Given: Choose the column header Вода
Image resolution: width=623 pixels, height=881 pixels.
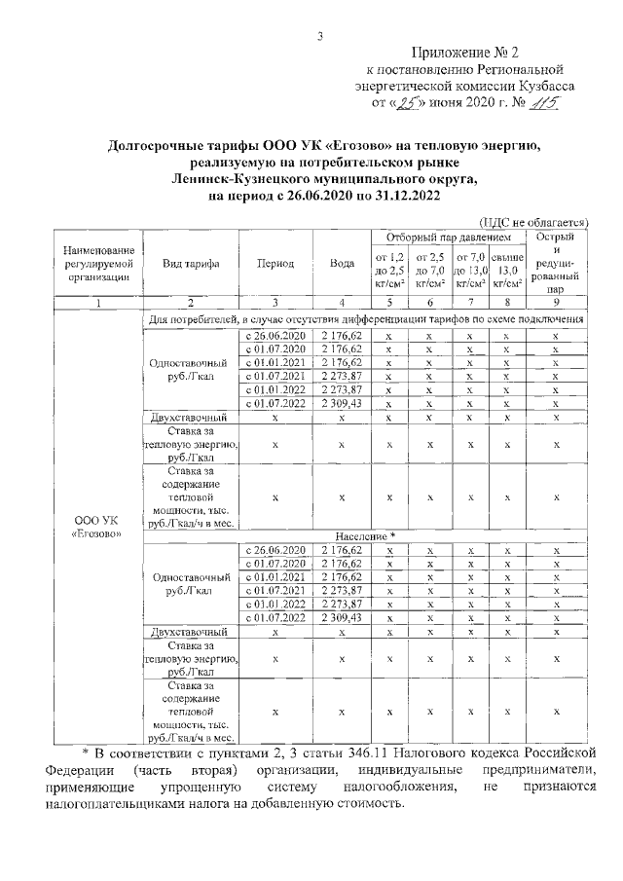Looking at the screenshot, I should (x=342, y=264).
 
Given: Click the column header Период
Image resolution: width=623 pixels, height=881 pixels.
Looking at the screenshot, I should (x=275, y=264).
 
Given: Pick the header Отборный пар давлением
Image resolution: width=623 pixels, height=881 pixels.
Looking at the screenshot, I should (x=448, y=238).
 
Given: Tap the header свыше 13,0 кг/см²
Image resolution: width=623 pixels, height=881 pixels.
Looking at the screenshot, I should (x=506, y=270).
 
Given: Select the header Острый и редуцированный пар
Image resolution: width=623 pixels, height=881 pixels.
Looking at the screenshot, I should (x=556, y=263).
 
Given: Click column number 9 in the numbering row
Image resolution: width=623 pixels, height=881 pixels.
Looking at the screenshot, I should (x=556, y=304).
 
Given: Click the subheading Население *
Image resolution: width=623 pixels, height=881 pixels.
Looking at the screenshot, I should (x=366, y=536).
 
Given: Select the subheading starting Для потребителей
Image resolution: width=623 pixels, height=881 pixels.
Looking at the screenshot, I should (x=366, y=318).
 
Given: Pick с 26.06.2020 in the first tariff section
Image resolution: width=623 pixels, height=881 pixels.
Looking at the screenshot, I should (x=275, y=334).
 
